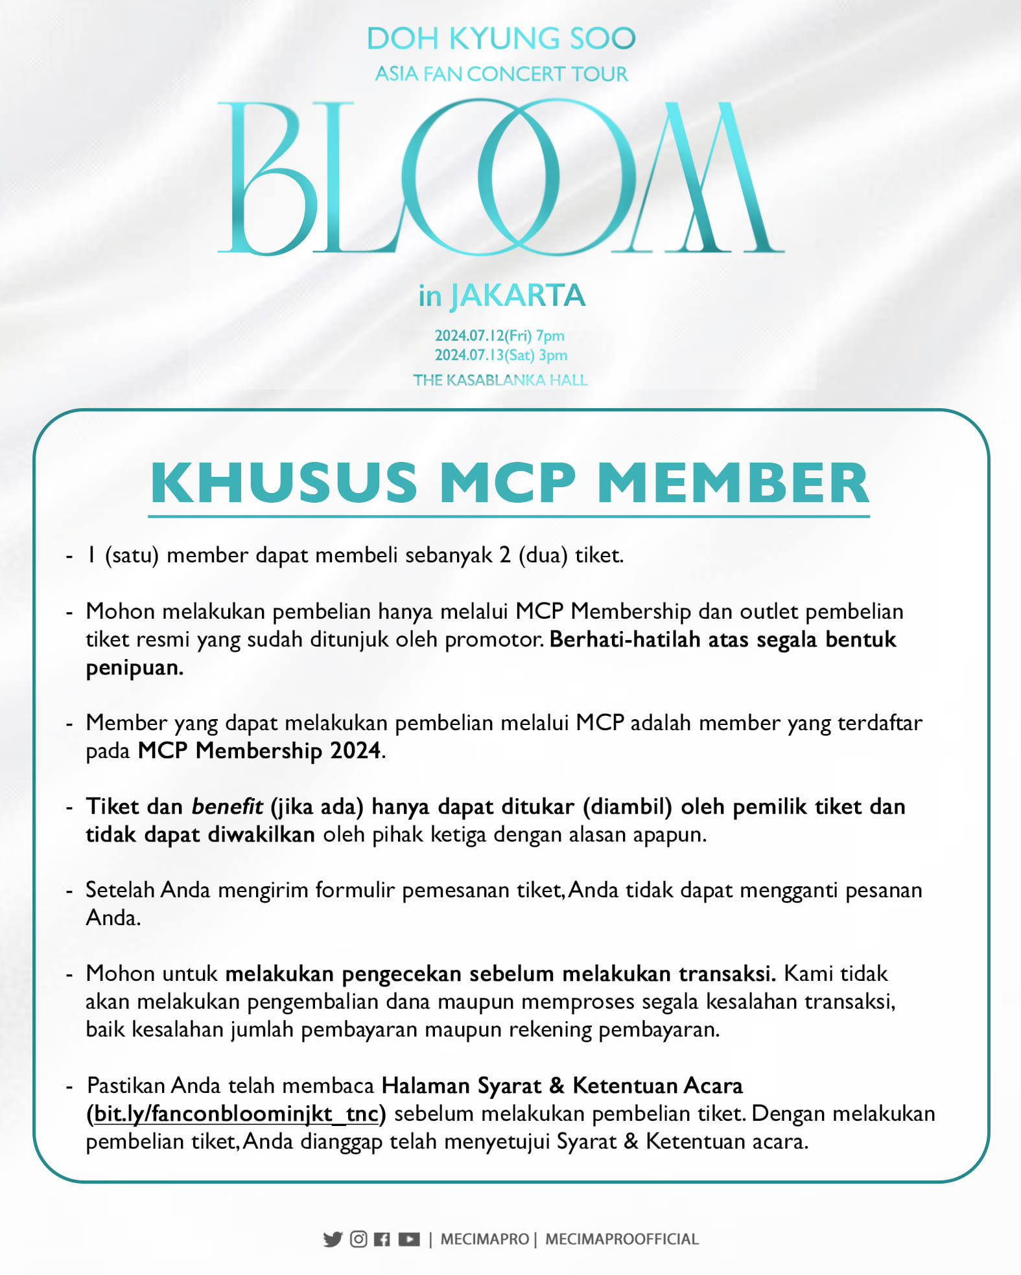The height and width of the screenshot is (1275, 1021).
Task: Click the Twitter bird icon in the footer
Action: pyautogui.click(x=333, y=1239)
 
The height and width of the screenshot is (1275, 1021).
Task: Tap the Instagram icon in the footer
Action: pyautogui.click(x=358, y=1239)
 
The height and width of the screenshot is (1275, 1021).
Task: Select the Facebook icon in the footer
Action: pyautogui.click(x=382, y=1239)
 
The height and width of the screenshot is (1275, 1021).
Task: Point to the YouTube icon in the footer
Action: pyautogui.click(x=409, y=1239)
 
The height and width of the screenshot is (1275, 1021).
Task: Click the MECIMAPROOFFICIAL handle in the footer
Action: pyautogui.click(x=622, y=1239)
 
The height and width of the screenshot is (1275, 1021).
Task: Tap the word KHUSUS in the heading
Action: pyautogui.click(x=284, y=483)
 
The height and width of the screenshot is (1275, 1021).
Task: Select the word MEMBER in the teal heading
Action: pyautogui.click(x=733, y=483)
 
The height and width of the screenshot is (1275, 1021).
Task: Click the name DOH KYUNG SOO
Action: pyautogui.click(x=501, y=39)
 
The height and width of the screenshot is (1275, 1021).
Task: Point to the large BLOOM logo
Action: pyautogui.click(x=500, y=176)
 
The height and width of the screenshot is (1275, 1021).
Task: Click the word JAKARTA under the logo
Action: pyautogui.click(x=518, y=296)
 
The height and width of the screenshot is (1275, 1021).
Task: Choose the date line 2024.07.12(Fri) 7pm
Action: pyautogui.click(x=500, y=336)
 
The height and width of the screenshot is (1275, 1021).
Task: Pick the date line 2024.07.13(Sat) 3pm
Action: pyautogui.click(x=501, y=355)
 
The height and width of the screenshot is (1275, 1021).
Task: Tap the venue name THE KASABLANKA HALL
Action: pyautogui.click(x=500, y=380)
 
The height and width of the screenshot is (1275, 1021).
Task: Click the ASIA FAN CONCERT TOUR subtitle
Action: pyautogui.click(x=501, y=74)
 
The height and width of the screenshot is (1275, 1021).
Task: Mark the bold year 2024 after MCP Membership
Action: pyautogui.click(x=355, y=751)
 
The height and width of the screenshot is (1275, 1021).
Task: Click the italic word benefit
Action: pyautogui.click(x=227, y=807)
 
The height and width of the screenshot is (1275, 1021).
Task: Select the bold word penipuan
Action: pyautogui.click(x=134, y=667)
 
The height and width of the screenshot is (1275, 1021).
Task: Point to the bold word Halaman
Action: pyautogui.click(x=425, y=1086)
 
